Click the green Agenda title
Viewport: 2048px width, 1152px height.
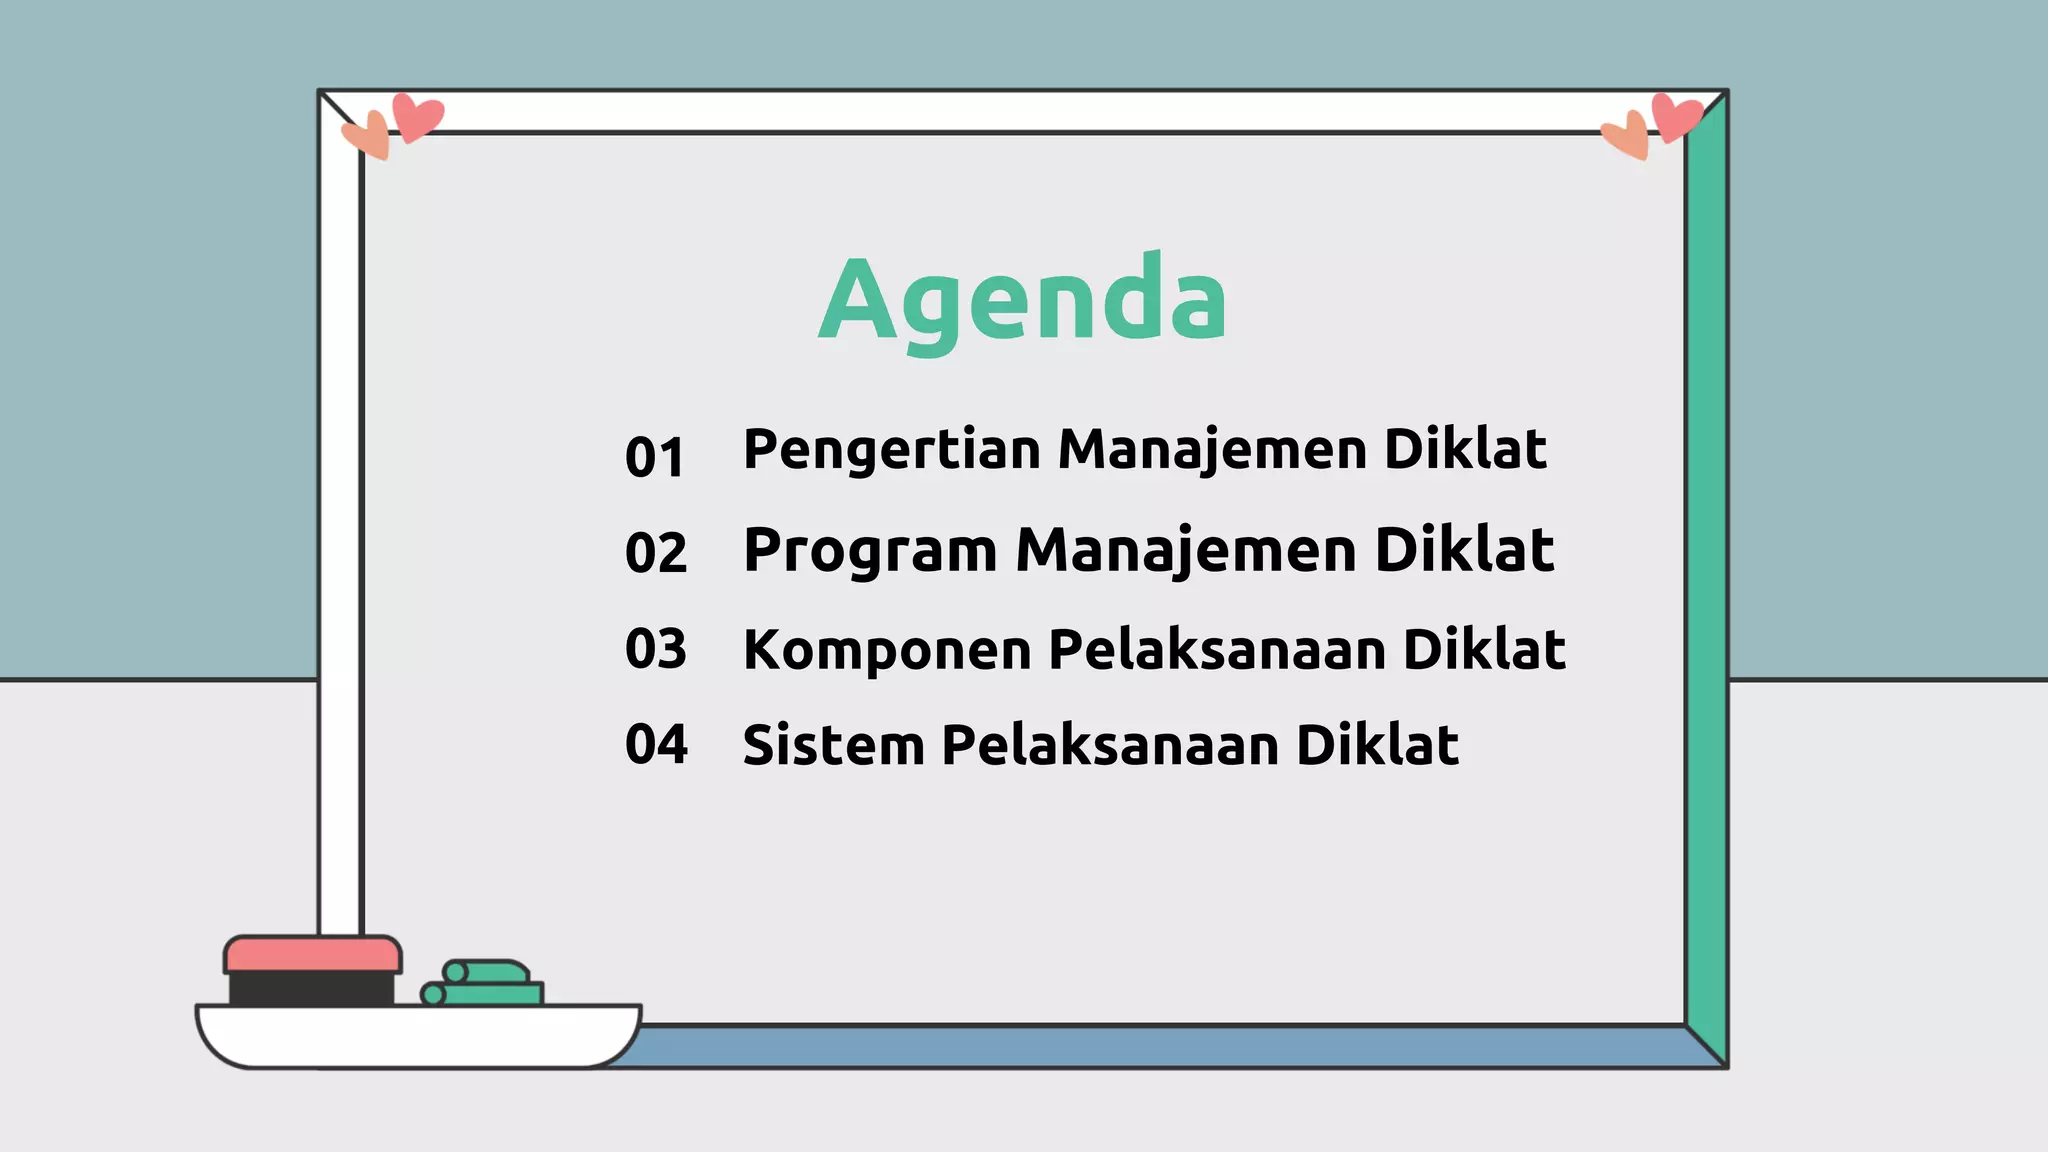click(x=1022, y=300)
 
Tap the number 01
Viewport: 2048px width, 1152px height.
click(x=655, y=457)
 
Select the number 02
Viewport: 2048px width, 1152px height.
click(x=656, y=552)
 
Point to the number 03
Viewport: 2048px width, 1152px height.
click(x=656, y=648)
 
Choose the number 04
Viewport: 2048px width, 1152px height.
click(x=656, y=744)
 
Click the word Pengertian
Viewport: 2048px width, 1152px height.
click(x=893, y=450)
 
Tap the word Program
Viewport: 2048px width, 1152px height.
click(x=870, y=552)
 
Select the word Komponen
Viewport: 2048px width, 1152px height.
click(x=887, y=650)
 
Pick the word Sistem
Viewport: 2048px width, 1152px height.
click(x=833, y=746)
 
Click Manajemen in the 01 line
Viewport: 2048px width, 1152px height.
click(x=1212, y=450)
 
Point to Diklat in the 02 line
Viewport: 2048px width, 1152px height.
click(x=1464, y=550)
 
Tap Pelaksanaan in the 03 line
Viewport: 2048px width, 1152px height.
click(x=1217, y=650)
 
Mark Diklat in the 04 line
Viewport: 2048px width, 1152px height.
click(x=1377, y=746)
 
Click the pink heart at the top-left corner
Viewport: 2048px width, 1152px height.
click(x=416, y=116)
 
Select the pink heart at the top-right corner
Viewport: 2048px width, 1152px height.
click(x=1676, y=116)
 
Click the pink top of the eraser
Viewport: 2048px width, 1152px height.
click(x=313, y=954)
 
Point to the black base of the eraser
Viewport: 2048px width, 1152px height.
click(x=311, y=989)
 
